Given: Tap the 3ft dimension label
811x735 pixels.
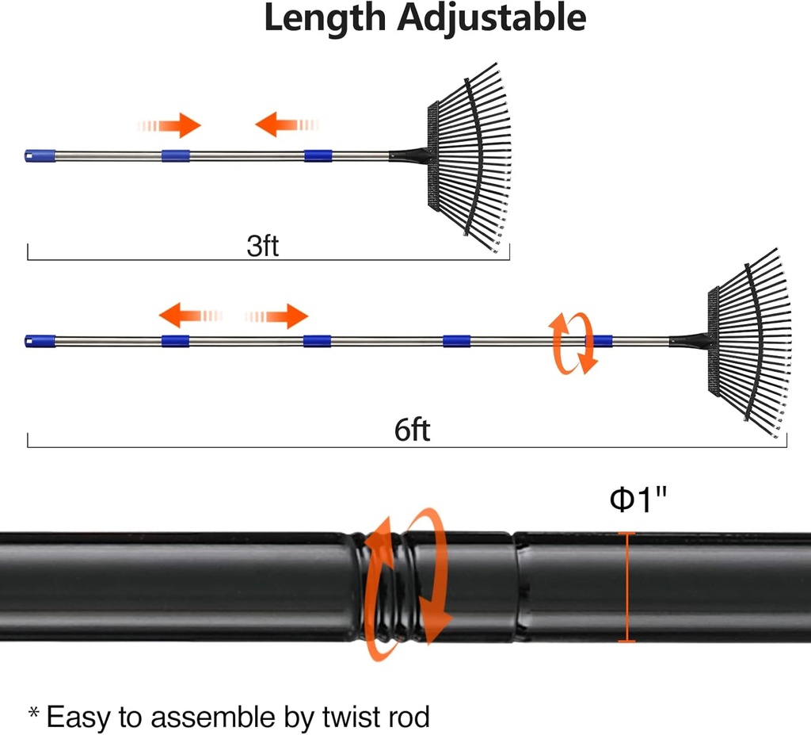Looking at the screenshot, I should [x=263, y=246].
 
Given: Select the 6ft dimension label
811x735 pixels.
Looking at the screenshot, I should [x=412, y=431].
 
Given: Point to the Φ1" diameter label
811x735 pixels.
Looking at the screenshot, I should [x=638, y=500].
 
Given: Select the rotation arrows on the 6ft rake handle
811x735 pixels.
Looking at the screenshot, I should [x=573, y=343].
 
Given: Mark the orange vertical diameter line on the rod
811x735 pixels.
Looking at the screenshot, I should [x=627, y=587].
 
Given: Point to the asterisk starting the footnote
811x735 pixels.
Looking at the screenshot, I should [x=34, y=714].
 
